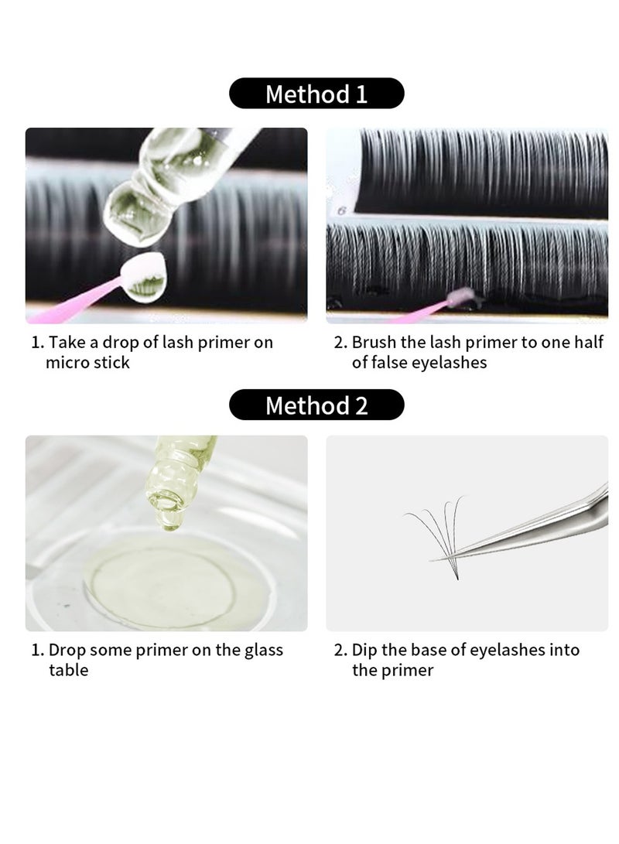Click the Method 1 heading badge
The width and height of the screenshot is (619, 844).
click(x=316, y=94)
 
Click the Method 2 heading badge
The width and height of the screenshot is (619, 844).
click(x=316, y=405)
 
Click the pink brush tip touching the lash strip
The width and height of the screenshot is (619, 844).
click(x=460, y=296)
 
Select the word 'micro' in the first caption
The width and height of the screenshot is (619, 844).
click(x=67, y=362)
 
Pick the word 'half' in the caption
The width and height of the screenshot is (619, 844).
click(x=588, y=342)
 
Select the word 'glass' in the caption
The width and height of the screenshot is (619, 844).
click(x=264, y=651)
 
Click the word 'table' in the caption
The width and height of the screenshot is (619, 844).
click(x=68, y=670)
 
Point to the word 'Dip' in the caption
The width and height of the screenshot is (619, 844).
click(x=364, y=651)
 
